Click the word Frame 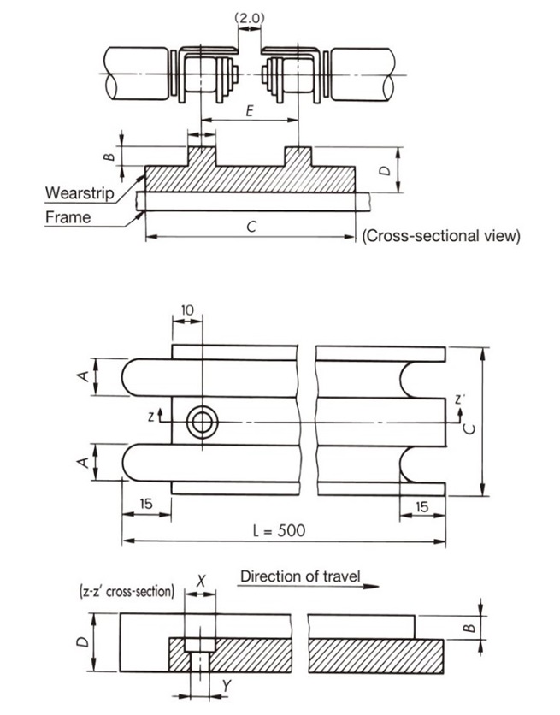tap(68, 216)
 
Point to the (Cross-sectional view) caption tap(440, 236)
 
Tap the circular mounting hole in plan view tap(203, 421)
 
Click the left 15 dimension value tap(147, 505)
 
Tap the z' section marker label tap(460, 399)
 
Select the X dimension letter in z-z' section tap(201, 579)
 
